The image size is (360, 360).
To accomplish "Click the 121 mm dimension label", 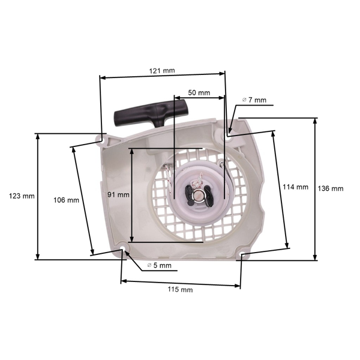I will click(161, 71).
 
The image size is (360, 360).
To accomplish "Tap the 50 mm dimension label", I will click(199, 93).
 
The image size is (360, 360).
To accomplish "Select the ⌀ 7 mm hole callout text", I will click(254, 100).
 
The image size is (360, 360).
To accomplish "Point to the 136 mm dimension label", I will click(331, 188).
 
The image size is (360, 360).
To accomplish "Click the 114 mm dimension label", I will click(295, 187).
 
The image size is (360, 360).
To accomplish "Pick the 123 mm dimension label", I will click(22, 196).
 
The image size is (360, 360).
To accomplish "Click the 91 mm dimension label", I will click(119, 194).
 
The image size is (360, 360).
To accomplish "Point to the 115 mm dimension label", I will click(180, 290).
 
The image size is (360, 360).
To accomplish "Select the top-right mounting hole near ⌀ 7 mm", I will click(227, 136).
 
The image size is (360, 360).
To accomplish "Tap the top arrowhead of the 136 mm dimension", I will click(316, 120).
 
